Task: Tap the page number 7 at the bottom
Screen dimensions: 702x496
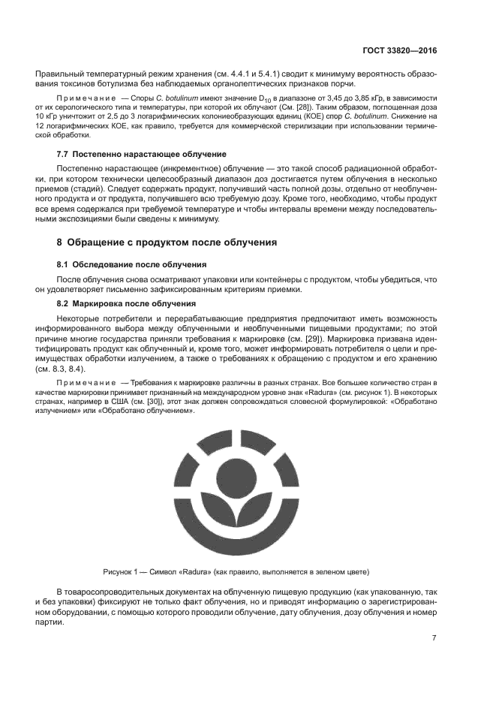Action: pos(434,638)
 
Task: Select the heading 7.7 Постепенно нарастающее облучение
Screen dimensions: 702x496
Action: pos(131,153)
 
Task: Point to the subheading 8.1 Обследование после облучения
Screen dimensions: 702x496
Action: pos(132,265)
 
